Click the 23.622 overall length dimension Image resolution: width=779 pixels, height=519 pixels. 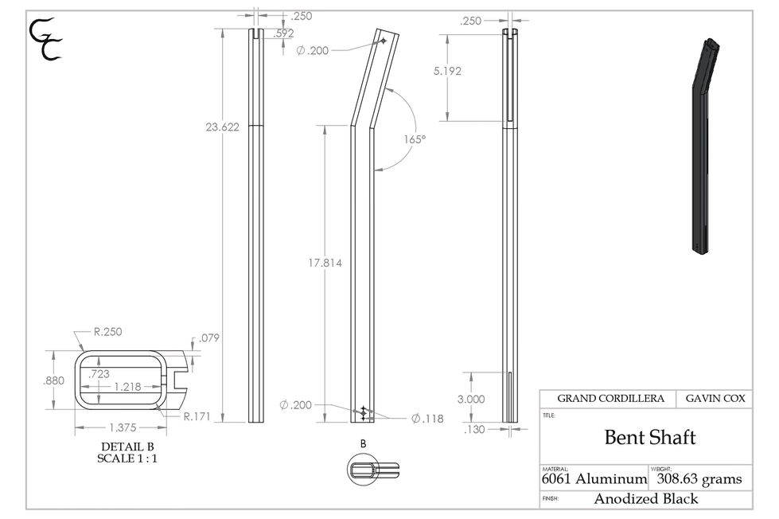pyautogui.click(x=223, y=127)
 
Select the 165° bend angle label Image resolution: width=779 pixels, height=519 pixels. pyautogui.click(x=415, y=139)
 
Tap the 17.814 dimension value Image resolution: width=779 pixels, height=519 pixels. pyautogui.click(x=325, y=263)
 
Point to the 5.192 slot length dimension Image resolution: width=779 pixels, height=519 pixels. pyautogui.click(x=447, y=71)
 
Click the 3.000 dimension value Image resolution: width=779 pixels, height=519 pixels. pyautogui.click(x=471, y=399)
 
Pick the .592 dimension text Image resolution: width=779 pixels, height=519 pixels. pyautogui.click(x=283, y=33)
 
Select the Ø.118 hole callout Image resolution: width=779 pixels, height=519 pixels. pyautogui.click(x=427, y=419)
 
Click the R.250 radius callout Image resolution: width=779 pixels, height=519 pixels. pyautogui.click(x=107, y=332)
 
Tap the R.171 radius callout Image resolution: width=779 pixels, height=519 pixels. pyautogui.click(x=197, y=416)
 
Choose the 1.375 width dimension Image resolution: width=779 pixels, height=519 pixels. pyautogui.click(x=123, y=427)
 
